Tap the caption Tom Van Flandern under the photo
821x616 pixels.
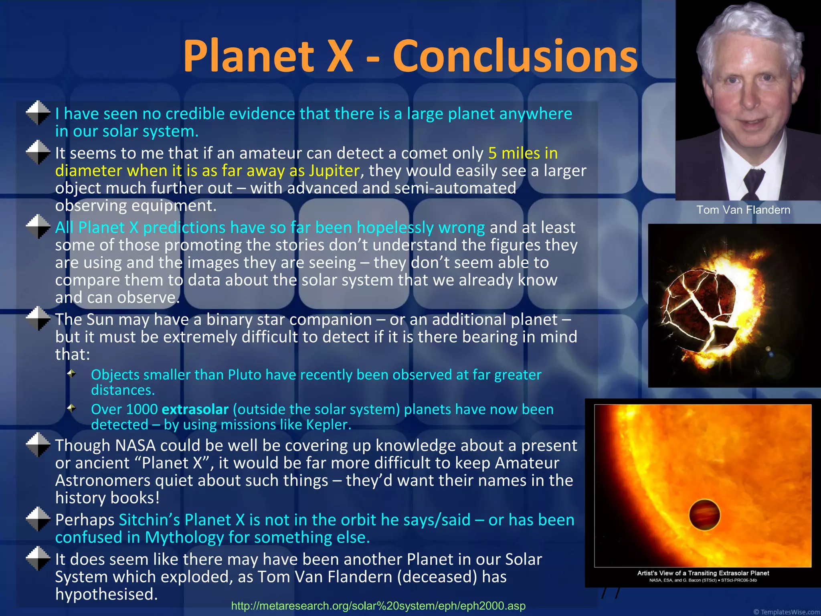[743, 210]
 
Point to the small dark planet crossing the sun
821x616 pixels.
[704, 515]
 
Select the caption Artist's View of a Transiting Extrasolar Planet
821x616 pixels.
[703, 573]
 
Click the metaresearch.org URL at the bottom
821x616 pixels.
[378, 606]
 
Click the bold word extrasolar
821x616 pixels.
[195, 409]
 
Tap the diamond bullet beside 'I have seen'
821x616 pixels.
[38, 113]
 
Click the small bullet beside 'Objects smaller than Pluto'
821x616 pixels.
[72, 374]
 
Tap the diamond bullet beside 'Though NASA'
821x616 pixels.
[38, 445]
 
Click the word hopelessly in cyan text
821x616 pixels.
[395, 228]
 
